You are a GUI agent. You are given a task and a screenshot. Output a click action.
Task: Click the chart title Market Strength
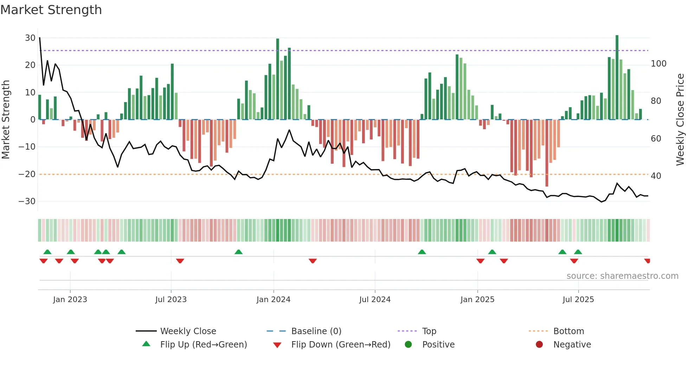click(x=51, y=10)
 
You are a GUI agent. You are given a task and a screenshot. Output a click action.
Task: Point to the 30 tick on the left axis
click(x=30, y=38)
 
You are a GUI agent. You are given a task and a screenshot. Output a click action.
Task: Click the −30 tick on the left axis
click(x=27, y=201)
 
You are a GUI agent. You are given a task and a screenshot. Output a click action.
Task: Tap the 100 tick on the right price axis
click(x=658, y=64)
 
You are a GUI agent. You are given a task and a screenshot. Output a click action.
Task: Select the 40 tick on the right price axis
click(x=656, y=176)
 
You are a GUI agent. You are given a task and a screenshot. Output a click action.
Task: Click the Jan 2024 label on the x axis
click(x=273, y=300)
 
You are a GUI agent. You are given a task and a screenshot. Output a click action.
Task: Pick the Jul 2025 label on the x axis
click(x=578, y=300)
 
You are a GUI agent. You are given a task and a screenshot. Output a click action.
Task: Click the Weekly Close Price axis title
click(x=680, y=120)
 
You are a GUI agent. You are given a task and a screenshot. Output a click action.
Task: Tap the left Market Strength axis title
click(x=6, y=120)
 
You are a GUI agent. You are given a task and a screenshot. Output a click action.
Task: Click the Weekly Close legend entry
click(x=188, y=331)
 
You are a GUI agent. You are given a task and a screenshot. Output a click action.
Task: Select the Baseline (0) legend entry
click(x=316, y=331)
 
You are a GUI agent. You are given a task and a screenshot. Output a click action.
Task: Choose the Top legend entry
click(x=429, y=331)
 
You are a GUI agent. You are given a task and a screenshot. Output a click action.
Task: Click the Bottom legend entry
click(x=568, y=331)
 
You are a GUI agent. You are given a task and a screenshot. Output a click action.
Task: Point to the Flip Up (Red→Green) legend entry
click(x=203, y=345)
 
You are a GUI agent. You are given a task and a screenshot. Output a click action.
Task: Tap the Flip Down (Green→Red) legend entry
click(x=341, y=345)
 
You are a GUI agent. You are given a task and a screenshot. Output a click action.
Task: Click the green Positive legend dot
click(x=408, y=345)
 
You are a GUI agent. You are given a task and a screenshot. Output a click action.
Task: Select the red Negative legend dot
click(x=539, y=345)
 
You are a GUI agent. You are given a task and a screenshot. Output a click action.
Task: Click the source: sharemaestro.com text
click(x=622, y=276)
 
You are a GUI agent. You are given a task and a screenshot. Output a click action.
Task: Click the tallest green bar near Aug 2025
click(x=617, y=77)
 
